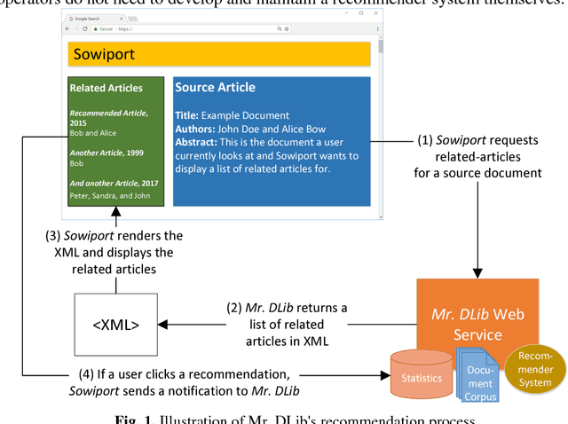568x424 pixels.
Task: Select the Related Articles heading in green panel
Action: (106, 88)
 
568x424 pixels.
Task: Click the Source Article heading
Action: (216, 88)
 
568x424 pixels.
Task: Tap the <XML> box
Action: (115, 325)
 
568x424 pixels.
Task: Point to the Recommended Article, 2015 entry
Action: (108, 118)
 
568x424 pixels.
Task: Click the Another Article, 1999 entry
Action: (106, 153)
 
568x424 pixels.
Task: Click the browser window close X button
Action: (377, 14)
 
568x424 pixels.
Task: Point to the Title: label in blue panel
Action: (186, 115)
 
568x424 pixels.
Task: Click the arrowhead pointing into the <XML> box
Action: (164, 325)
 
